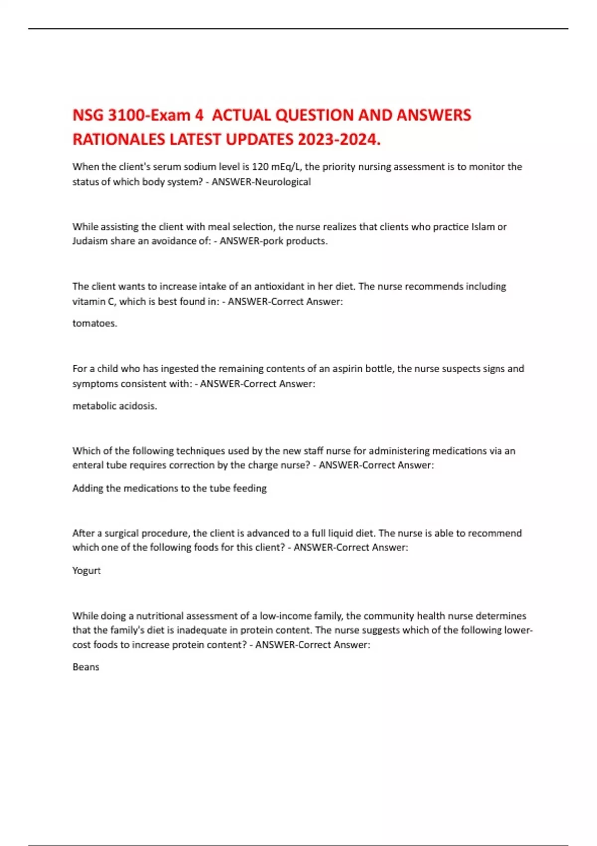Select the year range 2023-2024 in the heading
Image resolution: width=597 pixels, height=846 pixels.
[338, 140]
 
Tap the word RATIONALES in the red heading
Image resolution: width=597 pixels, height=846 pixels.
[119, 140]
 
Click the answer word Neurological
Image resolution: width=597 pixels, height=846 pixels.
[283, 182]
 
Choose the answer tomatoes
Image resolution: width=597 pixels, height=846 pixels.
[95, 323]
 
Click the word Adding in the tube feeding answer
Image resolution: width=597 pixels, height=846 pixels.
[88, 488]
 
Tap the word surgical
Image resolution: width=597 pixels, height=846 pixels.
[119, 533]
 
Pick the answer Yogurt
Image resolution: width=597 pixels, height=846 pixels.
[86, 570]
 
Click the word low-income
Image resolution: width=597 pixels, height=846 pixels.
[286, 616]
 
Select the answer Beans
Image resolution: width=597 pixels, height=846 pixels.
[86, 667]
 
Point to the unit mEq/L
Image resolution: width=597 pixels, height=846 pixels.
[286, 167]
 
